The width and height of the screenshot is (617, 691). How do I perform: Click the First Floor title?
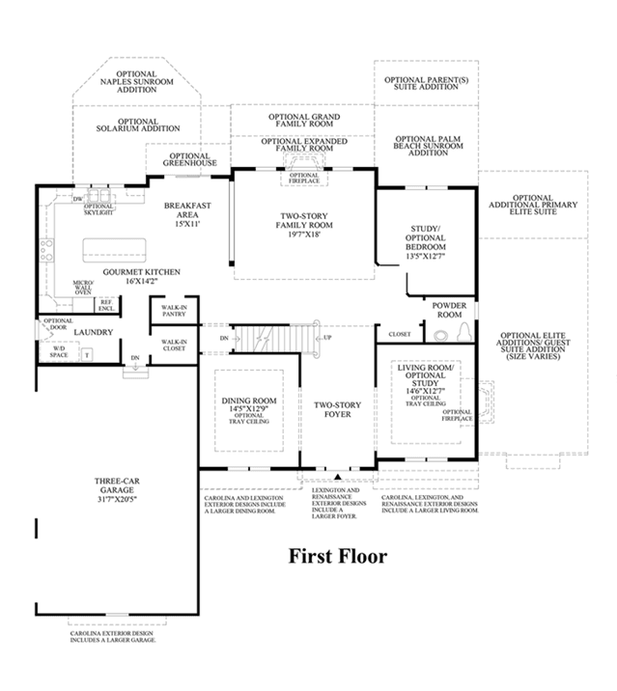click(x=338, y=557)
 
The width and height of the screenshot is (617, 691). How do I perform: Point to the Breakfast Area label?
click(x=186, y=214)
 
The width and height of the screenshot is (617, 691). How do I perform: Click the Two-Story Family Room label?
click(x=303, y=224)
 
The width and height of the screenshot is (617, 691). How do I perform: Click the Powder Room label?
click(x=449, y=309)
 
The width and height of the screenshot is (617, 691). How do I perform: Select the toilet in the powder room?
click(x=442, y=336)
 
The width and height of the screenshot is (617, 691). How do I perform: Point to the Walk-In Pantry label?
click(x=175, y=311)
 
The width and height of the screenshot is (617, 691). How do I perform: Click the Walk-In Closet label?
click(x=174, y=345)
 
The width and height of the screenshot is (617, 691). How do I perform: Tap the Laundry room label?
click(x=95, y=333)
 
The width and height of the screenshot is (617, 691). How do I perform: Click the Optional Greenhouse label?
click(x=189, y=160)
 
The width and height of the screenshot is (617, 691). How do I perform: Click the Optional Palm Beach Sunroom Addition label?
click(x=429, y=145)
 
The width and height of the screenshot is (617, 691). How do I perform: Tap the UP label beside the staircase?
click(x=327, y=338)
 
